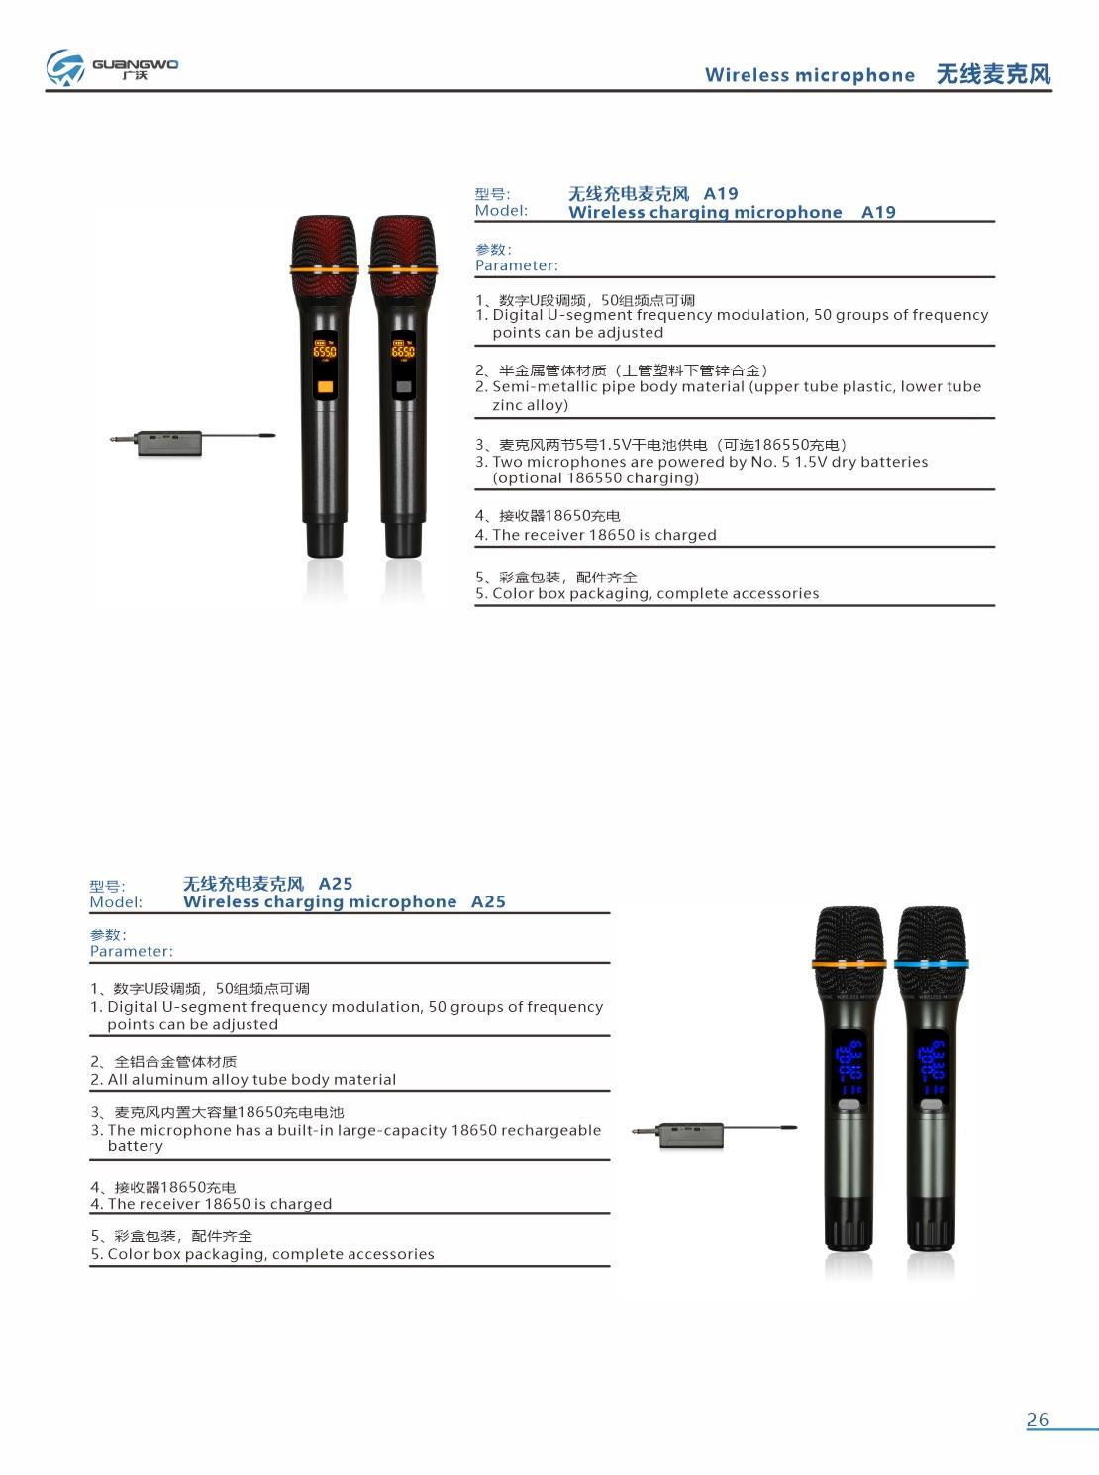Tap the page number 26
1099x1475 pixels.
click(x=1037, y=1420)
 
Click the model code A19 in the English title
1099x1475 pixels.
click(x=878, y=212)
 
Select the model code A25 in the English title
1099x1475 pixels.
click(x=488, y=901)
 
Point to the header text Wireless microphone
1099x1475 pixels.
click(x=809, y=75)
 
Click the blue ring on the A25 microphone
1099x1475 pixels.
click(x=931, y=963)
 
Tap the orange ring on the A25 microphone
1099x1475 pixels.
click(x=849, y=963)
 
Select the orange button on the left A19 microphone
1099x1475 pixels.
click(x=324, y=387)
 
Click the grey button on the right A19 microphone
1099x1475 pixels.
click(x=403, y=387)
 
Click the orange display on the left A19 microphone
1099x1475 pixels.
click(x=324, y=351)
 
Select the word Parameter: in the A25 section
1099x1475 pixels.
click(x=131, y=951)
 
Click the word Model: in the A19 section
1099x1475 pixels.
click(x=501, y=210)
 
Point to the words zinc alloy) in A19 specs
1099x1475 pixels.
click(x=530, y=405)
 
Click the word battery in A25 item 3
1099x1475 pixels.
click(x=135, y=1146)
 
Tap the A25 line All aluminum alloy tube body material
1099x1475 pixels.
click(x=251, y=1080)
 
